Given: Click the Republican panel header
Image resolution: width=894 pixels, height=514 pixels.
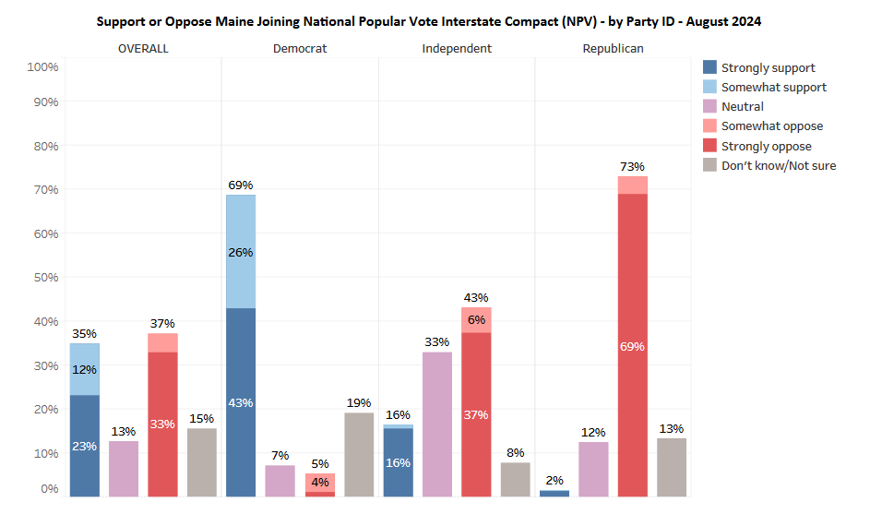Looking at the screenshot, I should coord(613,48).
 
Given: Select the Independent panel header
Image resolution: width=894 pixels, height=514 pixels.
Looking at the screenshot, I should coord(457,48).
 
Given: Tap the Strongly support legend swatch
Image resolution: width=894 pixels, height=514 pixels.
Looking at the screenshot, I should coord(709,67).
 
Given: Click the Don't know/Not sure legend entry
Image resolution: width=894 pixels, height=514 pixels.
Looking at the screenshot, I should coord(778,165).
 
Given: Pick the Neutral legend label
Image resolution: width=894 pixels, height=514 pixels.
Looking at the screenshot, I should coord(742,106).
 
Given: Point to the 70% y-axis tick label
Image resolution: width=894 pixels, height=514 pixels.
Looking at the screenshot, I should coord(42,189).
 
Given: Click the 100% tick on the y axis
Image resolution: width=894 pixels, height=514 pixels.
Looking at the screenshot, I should coord(42,66).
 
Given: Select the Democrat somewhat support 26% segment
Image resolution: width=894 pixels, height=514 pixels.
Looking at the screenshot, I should coord(241,251).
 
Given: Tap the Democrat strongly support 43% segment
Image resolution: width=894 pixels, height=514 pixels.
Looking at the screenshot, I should coord(241,401).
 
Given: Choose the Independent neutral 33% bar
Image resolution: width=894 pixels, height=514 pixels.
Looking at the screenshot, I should coord(437,424).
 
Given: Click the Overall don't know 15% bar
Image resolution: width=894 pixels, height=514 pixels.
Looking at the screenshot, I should coord(202,461).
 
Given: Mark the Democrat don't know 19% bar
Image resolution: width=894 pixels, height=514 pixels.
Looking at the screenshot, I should coord(359,454).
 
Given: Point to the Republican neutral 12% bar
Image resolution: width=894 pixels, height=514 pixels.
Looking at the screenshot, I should coord(594,469).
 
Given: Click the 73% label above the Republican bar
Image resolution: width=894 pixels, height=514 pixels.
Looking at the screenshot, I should coord(632,166).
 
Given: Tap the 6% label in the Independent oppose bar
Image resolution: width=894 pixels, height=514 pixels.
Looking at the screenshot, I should coord(476,319).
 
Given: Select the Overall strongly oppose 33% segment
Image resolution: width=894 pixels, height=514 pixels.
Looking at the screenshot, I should coord(162,424).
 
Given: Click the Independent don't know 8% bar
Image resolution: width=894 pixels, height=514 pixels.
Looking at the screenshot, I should coord(516,479).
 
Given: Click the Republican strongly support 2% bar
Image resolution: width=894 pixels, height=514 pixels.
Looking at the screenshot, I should coord(554,493).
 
